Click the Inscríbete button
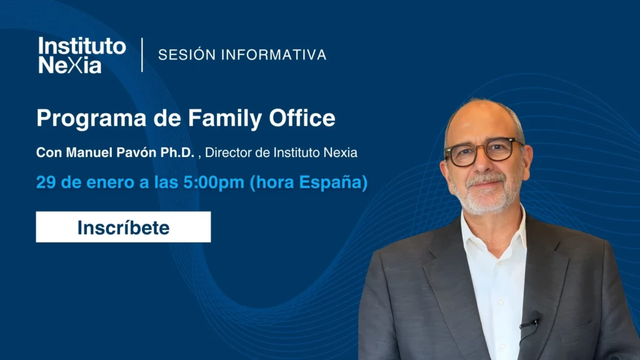[123, 227]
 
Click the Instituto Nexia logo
[82, 55]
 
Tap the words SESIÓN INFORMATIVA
[242, 55]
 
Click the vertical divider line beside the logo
[142, 55]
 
